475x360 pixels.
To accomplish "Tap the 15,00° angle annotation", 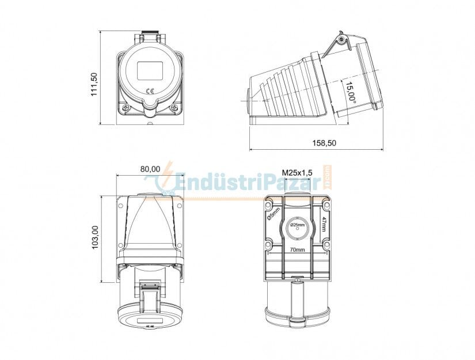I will coord(350,91).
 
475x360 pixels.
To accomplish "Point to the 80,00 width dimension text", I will coord(150,169).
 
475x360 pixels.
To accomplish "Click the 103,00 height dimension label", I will coord(96,237).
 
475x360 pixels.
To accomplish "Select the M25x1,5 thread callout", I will coord(297,172).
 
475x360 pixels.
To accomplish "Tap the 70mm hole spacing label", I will coord(297,250).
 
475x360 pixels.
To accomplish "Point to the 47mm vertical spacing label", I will coord(324,223).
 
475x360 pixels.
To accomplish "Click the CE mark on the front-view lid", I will coord(150,90).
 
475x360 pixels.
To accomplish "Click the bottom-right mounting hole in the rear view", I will coord(326,246).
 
